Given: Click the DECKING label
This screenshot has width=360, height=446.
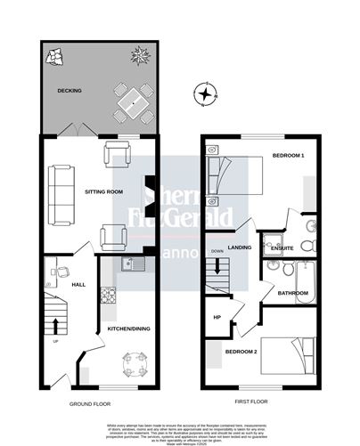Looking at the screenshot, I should click(70, 91).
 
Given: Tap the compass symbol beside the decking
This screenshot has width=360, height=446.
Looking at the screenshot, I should click(207, 93).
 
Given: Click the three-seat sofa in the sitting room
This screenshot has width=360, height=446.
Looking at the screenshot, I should click(61, 194).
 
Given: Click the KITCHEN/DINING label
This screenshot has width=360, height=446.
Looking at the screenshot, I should click(127, 328).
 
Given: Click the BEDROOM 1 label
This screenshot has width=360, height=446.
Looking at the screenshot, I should click(288, 157).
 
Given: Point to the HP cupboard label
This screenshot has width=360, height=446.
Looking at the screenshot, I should click(217, 318).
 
